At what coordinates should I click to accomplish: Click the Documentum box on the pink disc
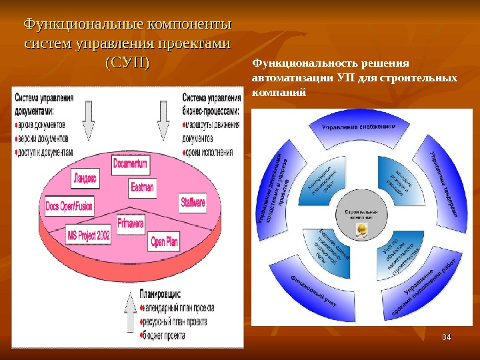[x=131, y=163]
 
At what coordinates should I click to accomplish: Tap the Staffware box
[x=193, y=202]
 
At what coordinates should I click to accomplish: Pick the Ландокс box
[x=85, y=178]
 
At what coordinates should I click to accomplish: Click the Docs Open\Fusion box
[x=70, y=207]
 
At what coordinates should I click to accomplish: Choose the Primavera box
[x=131, y=224]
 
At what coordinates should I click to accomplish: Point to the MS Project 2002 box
[x=89, y=235]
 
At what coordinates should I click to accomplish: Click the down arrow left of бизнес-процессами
[x=163, y=119]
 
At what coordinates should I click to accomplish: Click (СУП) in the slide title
[x=127, y=63]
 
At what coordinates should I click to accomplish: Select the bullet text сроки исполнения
[x=209, y=152]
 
